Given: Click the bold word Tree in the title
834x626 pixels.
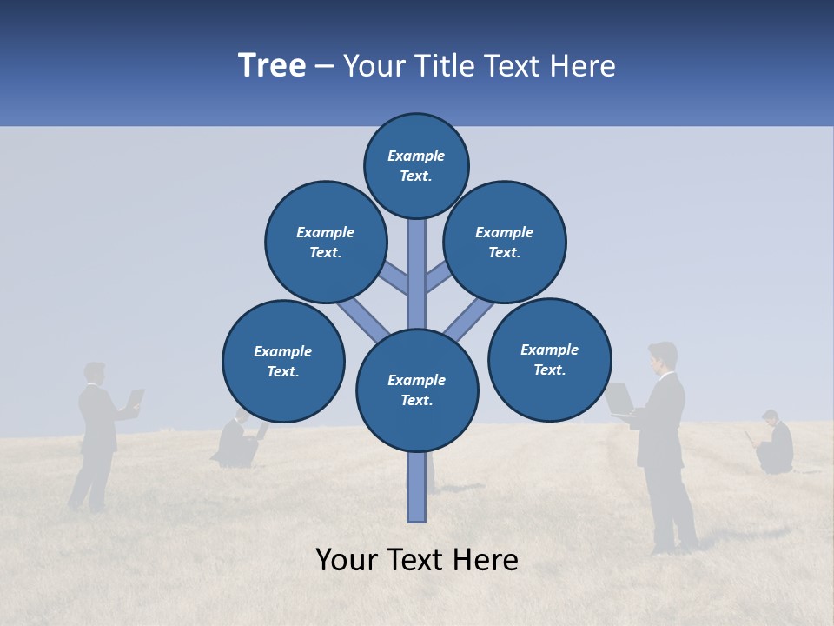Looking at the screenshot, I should coord(272,66).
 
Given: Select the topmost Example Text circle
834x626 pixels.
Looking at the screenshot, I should coord(416,165).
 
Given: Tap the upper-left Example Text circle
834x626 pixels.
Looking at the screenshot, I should coord(325,242).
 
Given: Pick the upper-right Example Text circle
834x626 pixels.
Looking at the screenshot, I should coord(504,242).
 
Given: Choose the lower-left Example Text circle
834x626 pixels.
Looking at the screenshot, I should coord(283,361).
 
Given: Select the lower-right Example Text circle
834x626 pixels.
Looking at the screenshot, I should coord(549,359).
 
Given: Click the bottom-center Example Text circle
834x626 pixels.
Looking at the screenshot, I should coord(417,390).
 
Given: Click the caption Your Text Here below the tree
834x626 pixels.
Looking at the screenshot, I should coord(417,560).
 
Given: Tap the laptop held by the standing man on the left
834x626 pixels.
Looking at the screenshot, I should coord(135,399).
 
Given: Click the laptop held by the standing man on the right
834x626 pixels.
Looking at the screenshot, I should coord(619,398).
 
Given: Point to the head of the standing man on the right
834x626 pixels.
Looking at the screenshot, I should coord(662,356).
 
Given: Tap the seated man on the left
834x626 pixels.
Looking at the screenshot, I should coord(236,440).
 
